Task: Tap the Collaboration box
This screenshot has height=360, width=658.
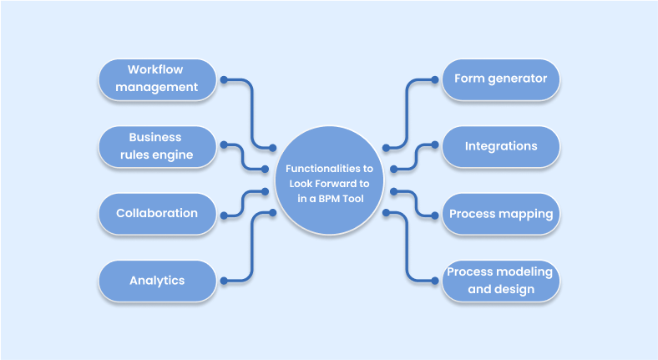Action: point(156,213)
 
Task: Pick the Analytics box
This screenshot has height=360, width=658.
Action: point(156,281)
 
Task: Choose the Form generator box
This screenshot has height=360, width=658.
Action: point(500,79)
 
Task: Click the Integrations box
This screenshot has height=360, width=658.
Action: point(500,146)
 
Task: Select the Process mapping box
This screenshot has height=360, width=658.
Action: point(500,214)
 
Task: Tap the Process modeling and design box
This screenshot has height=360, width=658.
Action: point(500,281)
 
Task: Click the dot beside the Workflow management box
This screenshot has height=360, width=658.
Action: point(224,80)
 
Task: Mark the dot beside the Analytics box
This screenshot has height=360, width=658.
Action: point(224,281)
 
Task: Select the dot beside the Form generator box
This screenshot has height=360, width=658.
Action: point(434,80)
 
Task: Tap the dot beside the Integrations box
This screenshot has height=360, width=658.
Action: point(434,145)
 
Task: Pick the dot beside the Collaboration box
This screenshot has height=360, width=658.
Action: point(224,215)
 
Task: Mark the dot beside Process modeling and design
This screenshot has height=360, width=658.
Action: point(434,281)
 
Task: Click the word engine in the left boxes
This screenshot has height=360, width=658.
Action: point(174,155)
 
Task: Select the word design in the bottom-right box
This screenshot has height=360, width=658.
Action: point(517,290)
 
